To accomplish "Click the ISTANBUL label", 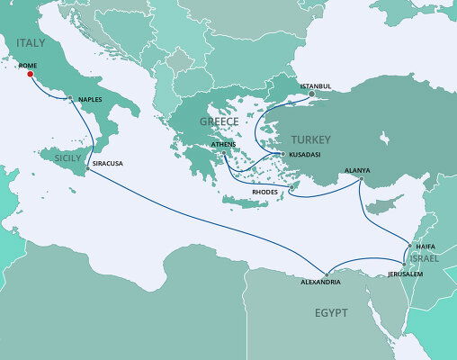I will click(x=315, y=85).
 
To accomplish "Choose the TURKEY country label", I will click(x=310, y=139).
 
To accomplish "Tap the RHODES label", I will click(x=265, y=192).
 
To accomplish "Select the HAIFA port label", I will click(x=424, y=246).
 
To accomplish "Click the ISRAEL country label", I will click(x=424, y=258).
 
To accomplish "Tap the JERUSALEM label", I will click(x=406, y=273).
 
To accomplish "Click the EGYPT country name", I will click(x=331, y=312).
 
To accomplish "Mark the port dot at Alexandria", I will click(x=327, y=273).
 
